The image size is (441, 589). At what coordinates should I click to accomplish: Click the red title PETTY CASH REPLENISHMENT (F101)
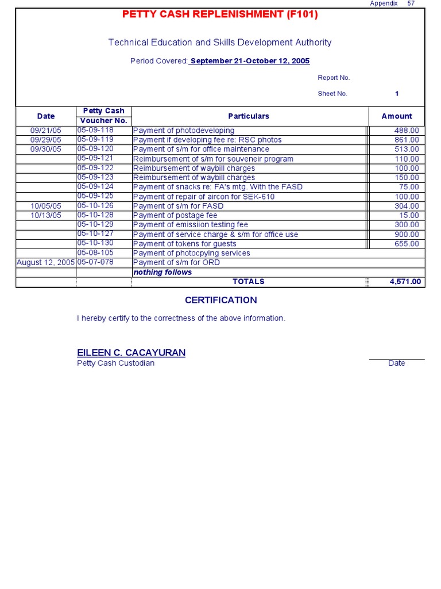click(x=220, y=14)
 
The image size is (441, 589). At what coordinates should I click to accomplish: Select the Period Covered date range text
click(x=250, y=61)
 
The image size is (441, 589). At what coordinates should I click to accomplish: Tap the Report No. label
click(x=334, y=78)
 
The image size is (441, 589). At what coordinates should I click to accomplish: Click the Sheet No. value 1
click(x=397, y=94)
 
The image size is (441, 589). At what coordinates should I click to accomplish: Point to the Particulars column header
click(x=249, y=116)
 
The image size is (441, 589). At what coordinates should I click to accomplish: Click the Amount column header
click(x=397, y=116)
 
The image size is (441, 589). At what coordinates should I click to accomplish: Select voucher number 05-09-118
click(x=95, y=130)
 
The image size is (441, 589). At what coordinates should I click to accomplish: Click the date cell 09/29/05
click(x=46, y=140)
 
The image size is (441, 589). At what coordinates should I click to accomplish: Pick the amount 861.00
click(x=407, y=140)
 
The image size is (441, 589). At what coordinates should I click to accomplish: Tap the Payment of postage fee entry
click(x=175, y=216)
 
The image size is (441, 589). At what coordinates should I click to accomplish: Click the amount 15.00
click(x=409, y=216)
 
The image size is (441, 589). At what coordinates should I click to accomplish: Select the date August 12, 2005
click(x=46, y=262)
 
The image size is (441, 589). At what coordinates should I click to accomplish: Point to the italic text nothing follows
click(x=163, y=272)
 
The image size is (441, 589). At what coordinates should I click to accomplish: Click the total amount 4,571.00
click(x=405, y=282)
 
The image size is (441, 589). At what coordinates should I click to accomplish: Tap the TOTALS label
click(x=249, y=281)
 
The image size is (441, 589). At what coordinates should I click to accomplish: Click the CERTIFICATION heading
click(x=220, y=300)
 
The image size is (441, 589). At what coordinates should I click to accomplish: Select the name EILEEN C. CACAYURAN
click(x=131, y=353)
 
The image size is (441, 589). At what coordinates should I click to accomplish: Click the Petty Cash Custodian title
click(x=116, y=363)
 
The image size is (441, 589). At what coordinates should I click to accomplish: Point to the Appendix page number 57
click(x=411, y=3)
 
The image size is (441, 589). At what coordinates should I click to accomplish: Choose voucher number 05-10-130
click(x=95, y=243)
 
